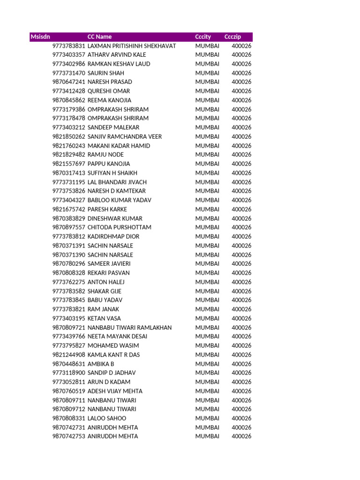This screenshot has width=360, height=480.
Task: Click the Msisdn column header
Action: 40,37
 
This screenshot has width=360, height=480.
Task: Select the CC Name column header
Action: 99,37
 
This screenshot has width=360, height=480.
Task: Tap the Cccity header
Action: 203,37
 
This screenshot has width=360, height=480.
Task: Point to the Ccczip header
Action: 232,37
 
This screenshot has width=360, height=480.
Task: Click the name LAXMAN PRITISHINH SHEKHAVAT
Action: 132,46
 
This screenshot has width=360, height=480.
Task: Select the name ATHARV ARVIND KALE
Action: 117,55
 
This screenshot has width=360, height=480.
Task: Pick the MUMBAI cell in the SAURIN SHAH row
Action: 207,73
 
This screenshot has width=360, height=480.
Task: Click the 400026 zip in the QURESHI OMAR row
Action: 241,91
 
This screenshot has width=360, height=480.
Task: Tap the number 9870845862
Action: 69,100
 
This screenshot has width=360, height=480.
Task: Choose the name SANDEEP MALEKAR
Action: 113,127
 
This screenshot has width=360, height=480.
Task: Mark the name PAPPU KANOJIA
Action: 109,164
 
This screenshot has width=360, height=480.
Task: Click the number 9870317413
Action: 69,173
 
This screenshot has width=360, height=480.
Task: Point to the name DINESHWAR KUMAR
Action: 115,218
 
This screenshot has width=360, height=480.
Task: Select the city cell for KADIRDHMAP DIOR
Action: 207,237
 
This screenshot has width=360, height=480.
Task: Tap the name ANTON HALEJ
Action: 106,282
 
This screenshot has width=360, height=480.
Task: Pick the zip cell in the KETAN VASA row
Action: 241,318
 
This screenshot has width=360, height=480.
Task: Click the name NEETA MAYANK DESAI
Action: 117,337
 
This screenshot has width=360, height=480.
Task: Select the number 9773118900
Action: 69,373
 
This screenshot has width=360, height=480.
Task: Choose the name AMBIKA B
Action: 101,364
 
